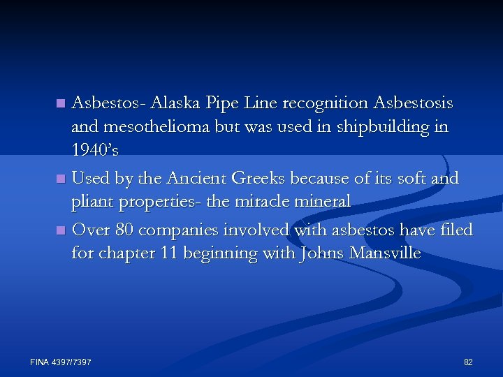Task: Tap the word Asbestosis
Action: (413, 104)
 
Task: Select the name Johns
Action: (321, 253)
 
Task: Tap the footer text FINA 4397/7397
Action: (61, 362)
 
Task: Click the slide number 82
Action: (468, 362)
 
